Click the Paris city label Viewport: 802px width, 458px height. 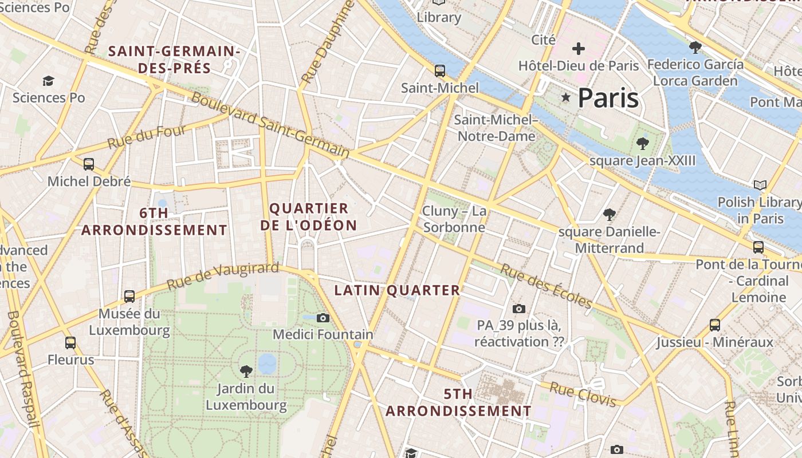click(608, 98)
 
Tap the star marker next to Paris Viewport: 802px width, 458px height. click(566, 97)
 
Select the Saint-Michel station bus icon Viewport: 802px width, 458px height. click(439, 71)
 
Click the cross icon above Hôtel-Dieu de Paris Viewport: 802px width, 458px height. click(579, 49)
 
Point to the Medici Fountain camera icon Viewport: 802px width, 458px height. click(323, 318)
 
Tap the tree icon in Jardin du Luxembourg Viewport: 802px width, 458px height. click(246, 371)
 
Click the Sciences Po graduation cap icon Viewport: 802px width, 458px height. click(49, 81)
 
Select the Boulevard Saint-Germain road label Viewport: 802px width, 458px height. click(270, 125)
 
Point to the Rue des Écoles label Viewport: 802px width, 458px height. click(546, 285)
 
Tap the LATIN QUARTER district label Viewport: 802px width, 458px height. click(397, 290)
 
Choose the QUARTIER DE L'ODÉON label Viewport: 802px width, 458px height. click(309, 217)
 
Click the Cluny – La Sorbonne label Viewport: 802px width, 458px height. click(454, 219)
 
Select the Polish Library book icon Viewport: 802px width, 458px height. click(760, 185)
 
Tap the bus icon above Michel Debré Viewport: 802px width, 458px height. click(89, 164)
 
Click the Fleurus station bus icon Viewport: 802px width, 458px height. click(70, 343)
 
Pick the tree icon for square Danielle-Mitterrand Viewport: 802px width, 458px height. click(610, 215)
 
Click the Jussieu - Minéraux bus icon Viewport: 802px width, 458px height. click(714, 325)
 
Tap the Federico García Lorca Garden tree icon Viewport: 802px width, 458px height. click(695, 47)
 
